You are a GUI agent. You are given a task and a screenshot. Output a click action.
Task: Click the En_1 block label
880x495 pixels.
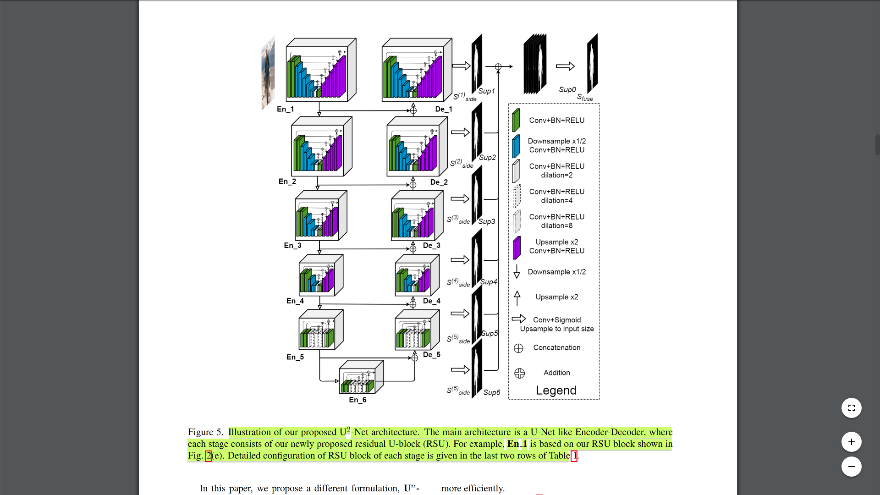(285, 109)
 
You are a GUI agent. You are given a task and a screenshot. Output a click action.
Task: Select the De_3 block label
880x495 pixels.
(431, 246)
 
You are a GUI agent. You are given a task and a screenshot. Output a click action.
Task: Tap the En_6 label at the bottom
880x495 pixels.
(357, 400)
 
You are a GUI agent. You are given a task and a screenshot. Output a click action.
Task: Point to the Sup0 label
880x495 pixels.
(567, 90)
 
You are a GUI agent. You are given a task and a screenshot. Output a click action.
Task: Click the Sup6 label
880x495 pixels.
(491, 393)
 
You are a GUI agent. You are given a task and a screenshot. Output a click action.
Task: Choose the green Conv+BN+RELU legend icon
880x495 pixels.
(516, 120)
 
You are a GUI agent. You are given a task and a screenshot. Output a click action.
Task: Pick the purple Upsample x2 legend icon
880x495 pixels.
(517, 247)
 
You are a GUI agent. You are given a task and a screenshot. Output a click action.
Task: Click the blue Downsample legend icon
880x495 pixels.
(516, 146)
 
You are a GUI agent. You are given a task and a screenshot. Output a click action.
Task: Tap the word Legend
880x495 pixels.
(556, 390)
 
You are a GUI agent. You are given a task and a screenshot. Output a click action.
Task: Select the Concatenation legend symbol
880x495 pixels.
(518, 348)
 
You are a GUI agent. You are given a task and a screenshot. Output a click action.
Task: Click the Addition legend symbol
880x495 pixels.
(519, 373)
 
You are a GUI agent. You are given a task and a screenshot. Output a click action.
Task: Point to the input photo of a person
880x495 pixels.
(268, 73)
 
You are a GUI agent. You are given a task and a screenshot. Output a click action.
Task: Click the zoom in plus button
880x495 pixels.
(851, 442)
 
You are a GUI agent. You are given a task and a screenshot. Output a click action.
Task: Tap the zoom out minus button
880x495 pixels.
(851, 467)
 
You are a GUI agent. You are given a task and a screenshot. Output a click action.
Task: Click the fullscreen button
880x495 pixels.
(851, 408)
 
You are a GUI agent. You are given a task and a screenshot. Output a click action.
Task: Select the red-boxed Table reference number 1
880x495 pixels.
(574, 456)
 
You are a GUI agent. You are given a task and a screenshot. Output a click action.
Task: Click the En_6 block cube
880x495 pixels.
(361, 378)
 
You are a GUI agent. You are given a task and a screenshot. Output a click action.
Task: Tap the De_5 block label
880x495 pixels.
(431, 355)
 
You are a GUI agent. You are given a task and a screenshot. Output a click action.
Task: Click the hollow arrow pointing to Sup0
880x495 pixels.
(565, 66)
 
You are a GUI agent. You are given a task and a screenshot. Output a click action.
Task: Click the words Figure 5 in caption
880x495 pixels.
(205, 432)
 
